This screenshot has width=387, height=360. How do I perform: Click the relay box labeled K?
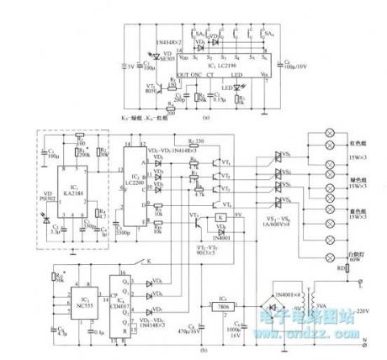coord(222,218)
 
